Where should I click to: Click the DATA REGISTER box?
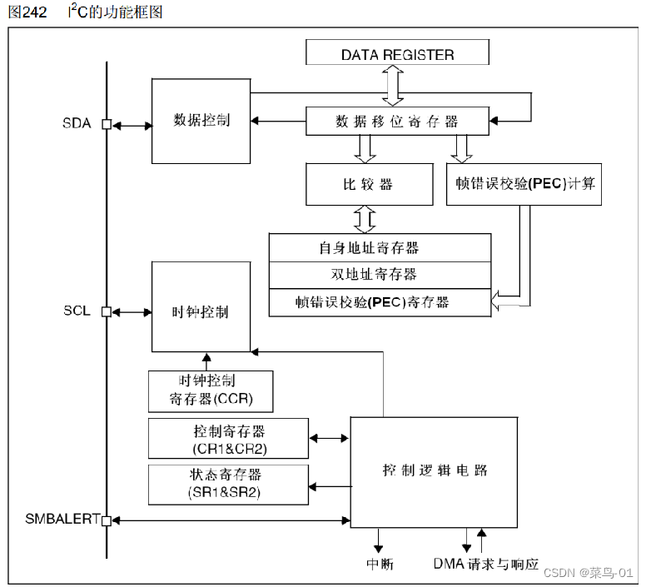[397, 54]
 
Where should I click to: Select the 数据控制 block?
[201, 121]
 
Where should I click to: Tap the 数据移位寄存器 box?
[397, 121]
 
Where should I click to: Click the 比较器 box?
[370, 184]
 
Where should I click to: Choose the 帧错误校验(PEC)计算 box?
[524, 184]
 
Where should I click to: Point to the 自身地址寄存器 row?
[380, 248]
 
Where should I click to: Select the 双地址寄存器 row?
[380, 274]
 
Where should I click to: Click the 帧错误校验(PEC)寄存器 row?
[380, 301]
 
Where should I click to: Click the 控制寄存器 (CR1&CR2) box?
[227, 439]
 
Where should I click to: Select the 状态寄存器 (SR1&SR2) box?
[227, 484]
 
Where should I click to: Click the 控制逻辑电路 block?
[435, 470]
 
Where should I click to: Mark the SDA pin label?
[77, 124]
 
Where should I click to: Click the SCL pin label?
[77, 311]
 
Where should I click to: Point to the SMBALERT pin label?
[62, 519]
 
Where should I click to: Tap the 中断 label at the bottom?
[380, 565]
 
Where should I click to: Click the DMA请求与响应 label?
[486, 565]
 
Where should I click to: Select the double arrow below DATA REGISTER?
[391, 86]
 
